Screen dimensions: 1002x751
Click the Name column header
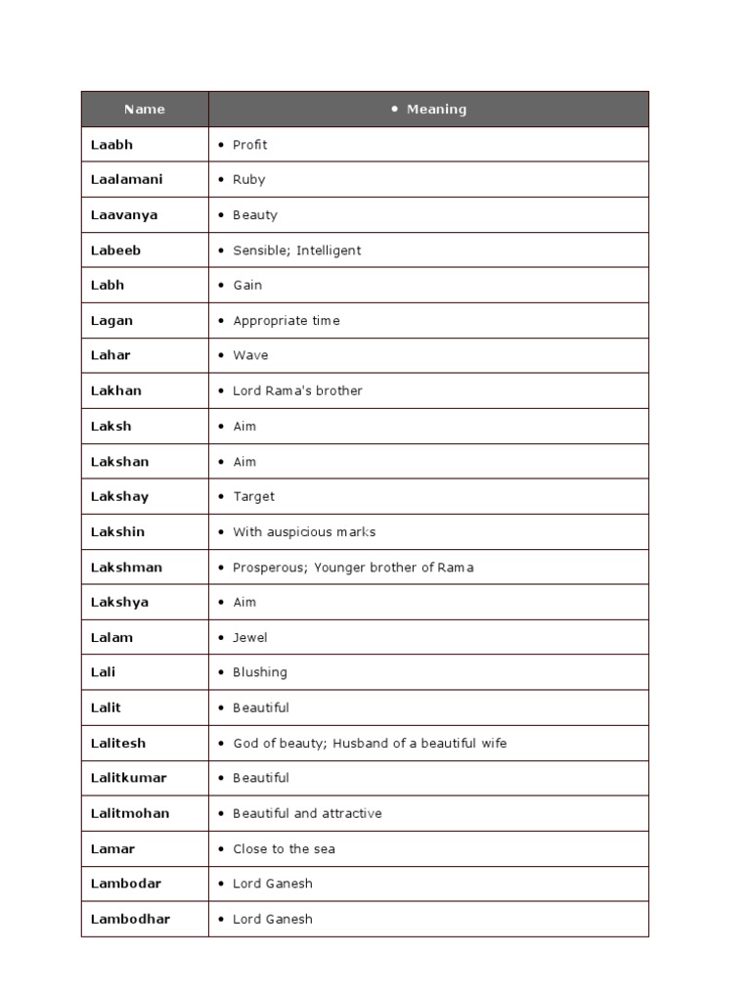click(x=145, y=110)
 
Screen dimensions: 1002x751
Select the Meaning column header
click(x=436, y=110)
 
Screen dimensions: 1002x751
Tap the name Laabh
click(x=111, y=145)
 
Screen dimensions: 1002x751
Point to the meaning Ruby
click(x=248, y=180)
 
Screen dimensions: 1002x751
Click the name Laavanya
click(x=124, y=215)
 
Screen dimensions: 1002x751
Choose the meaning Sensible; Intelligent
click(x=296, y=250)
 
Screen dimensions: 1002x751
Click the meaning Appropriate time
click(x=287, y=321)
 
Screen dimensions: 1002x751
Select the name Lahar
click(x=110, y=355)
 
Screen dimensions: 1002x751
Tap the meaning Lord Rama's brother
click(x=297, y=390)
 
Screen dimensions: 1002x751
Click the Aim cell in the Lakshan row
click(x=244, y=462)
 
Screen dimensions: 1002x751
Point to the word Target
click(x=253, y=497)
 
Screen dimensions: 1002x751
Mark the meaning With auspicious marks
click(x=304, y=532)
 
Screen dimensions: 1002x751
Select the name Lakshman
click(x=126, y=568)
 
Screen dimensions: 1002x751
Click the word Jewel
click(x=249, y=638)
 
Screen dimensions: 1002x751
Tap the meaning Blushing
click(x=260, y=673)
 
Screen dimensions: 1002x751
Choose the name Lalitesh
click(x=118, y=744)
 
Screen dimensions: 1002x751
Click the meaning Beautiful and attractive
click(x=307, y=814)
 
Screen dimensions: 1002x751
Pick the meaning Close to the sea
click(x=284, y=849)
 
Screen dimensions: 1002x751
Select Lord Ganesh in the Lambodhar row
click(x=273, y=920)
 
